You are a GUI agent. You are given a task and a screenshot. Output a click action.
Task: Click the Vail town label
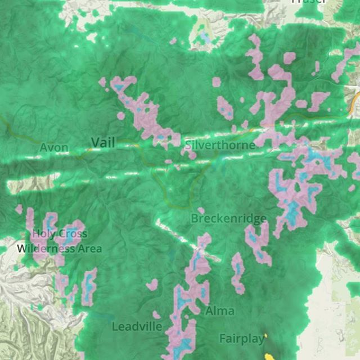(x=103, y=143)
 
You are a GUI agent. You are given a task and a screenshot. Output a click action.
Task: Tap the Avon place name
(x=54, y=148)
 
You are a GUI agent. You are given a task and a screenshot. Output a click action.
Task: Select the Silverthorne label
(x=220, y=145)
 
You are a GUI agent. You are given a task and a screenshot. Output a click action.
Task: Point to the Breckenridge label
(x=228, y=218)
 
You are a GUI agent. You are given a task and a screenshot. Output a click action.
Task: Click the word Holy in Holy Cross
(x=43, y=234)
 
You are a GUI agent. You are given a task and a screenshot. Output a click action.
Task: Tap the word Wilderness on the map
(x=44, y=248)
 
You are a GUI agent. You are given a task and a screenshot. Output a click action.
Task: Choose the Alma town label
(x=220, y=310)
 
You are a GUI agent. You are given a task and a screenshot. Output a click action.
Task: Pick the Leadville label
(x=137, y=326)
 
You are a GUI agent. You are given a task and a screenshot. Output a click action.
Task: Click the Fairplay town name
(x=242, y=339)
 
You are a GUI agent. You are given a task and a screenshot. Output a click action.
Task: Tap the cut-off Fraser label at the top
(x=308, y=2)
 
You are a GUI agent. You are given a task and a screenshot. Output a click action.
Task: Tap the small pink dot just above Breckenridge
(x=201, y=210)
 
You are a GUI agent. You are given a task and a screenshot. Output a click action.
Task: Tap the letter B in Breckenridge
(x=195, y=218)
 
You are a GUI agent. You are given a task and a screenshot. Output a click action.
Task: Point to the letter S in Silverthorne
(x=188, y=145)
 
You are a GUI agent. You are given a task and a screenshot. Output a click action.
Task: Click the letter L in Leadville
(x=114, y=326)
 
